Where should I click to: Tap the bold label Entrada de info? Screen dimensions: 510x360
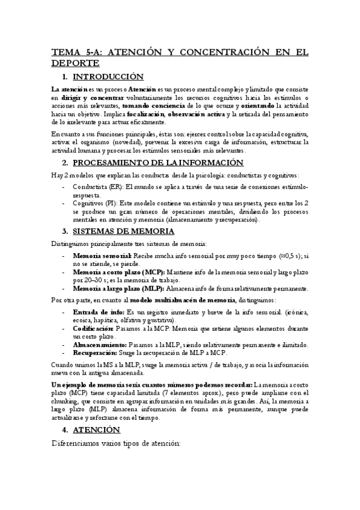[x=98, y=312]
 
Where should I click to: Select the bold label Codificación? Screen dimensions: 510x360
[x=93, y=329]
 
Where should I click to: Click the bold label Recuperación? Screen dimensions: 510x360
[x=96, y=353]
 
